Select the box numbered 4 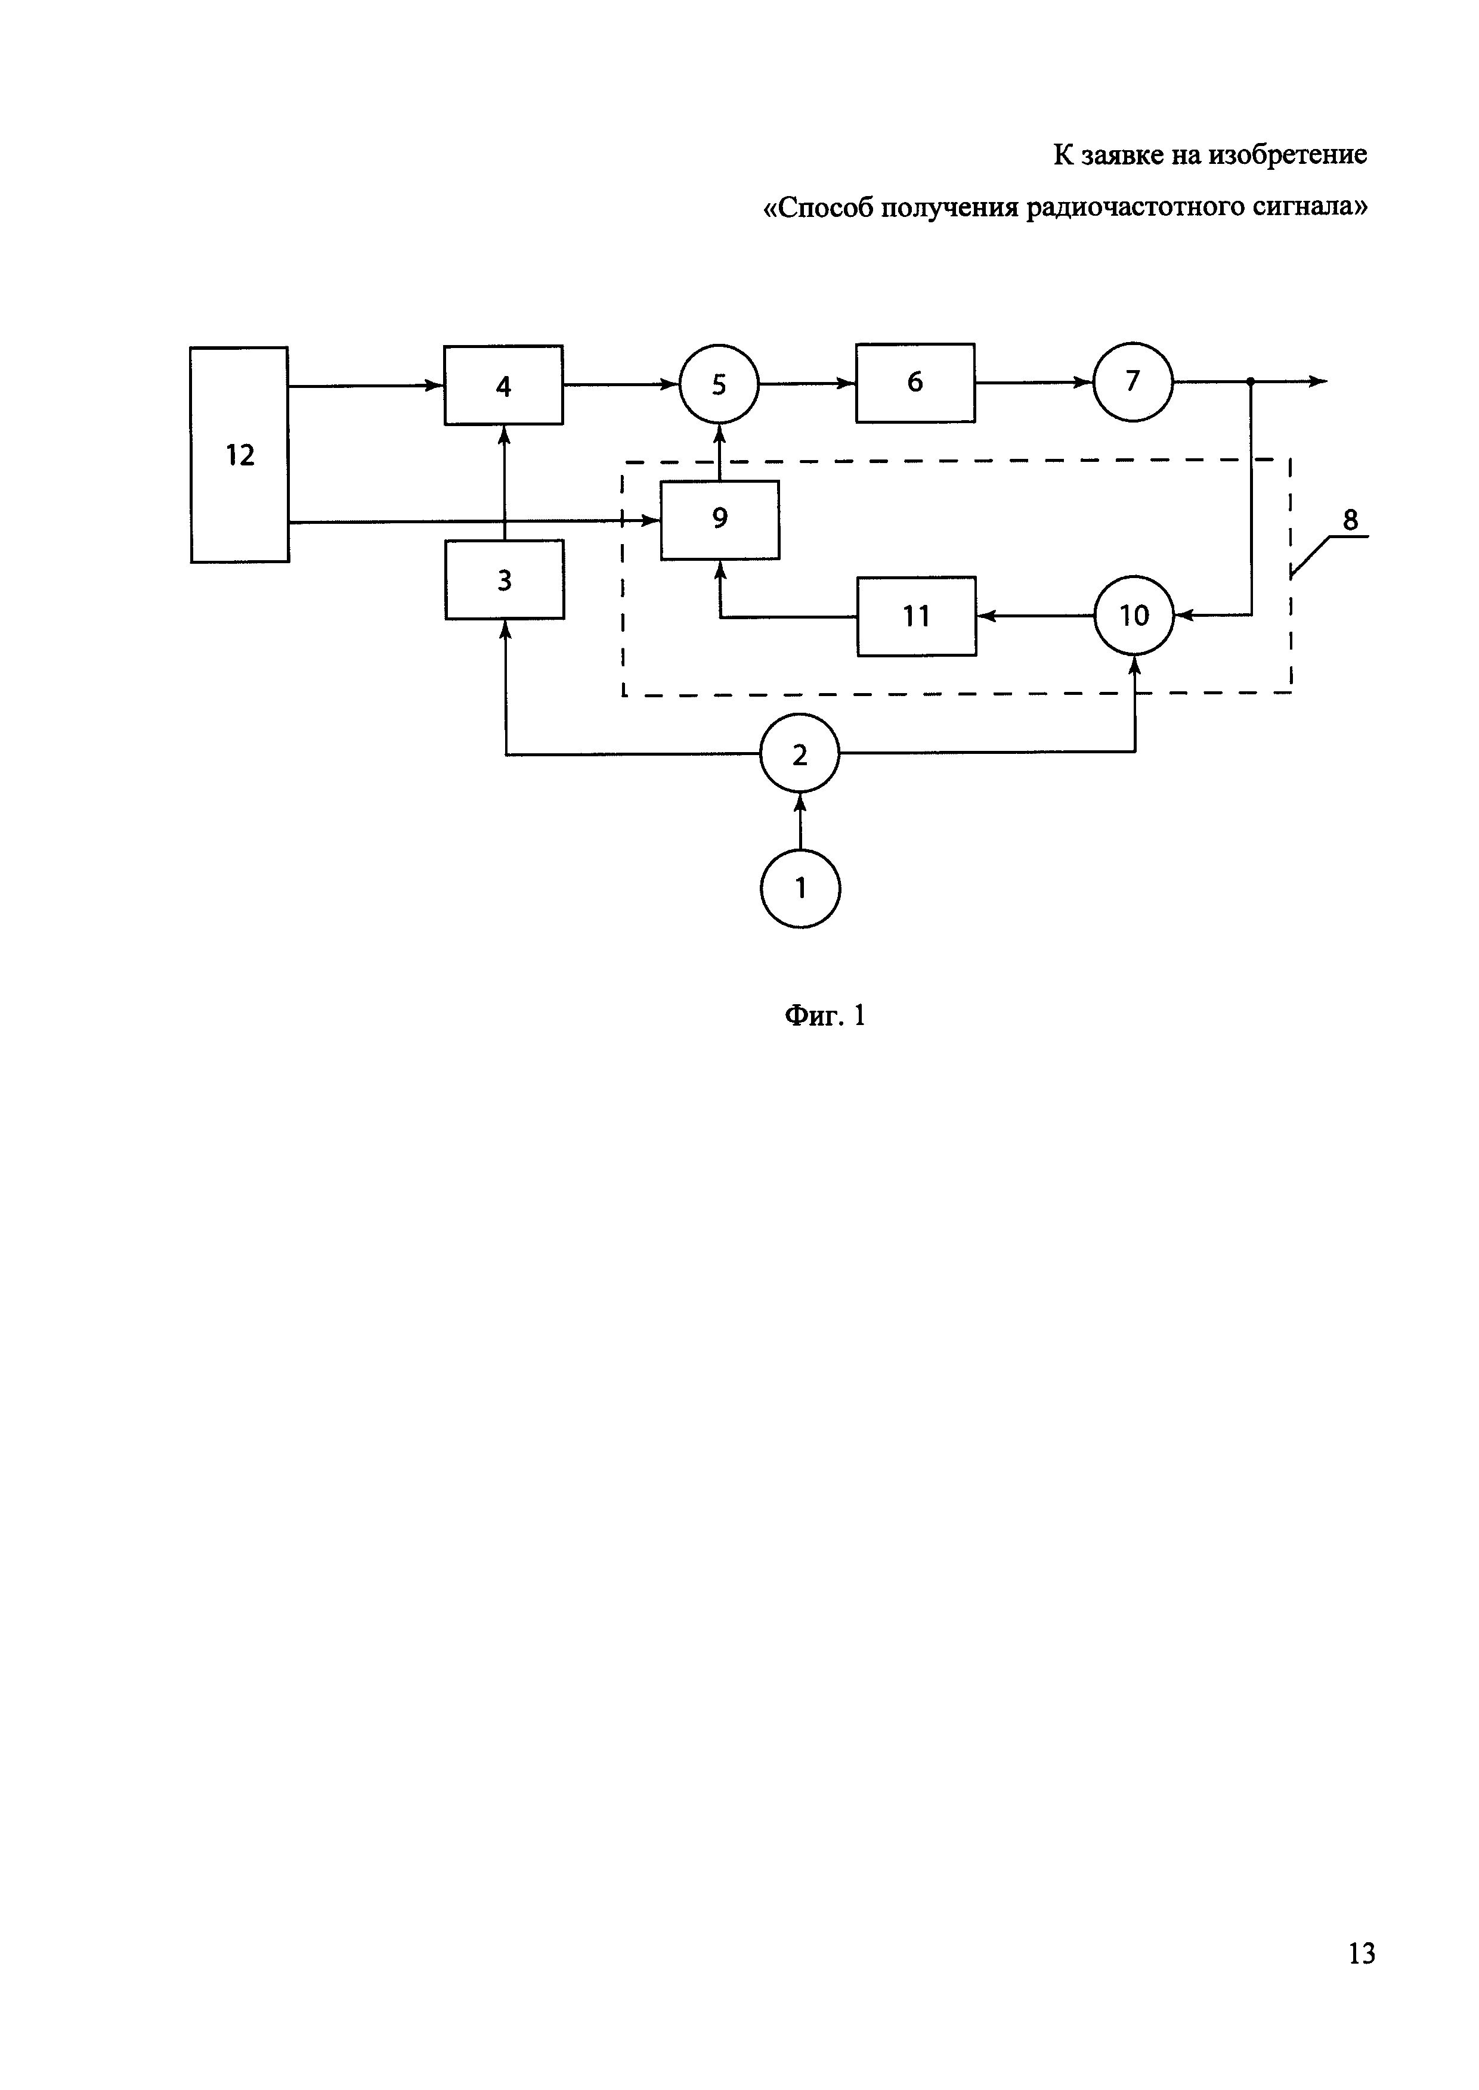503,385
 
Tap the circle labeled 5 719,384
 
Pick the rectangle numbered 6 915,383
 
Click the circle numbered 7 1133,381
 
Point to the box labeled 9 719,519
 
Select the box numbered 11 916,616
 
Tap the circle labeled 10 1134,616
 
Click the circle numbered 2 800,754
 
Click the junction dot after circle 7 1251,381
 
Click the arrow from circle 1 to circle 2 800,820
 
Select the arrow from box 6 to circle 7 1034,383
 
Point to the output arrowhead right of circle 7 1318,381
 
